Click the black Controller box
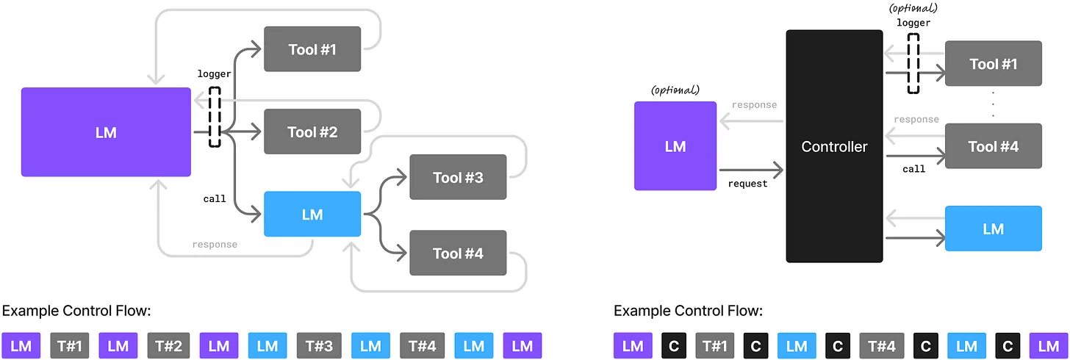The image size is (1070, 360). coord(834,146)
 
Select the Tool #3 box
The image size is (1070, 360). coord(458,177)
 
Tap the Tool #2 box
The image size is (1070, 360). coord(312,132)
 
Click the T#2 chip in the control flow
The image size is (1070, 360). coord(168,345)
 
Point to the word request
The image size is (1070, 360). coord(747,184)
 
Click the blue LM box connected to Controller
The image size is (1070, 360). coord(993,228)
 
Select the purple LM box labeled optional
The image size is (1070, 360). coord(675,146)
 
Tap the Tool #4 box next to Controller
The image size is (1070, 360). coord(993,146)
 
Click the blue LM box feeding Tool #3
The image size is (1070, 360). coord(312,214)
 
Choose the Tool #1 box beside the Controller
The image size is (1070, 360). coord(993,64)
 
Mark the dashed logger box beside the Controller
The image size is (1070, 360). coord(913,66)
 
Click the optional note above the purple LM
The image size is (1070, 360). coord(675,90)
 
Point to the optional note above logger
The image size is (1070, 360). coord(913,8)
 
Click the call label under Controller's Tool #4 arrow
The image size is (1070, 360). coord(913,169)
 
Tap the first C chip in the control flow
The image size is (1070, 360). coord(673,345)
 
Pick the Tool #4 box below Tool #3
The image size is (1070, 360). coord(458,253)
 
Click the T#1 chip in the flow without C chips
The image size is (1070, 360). coord(70,345)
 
